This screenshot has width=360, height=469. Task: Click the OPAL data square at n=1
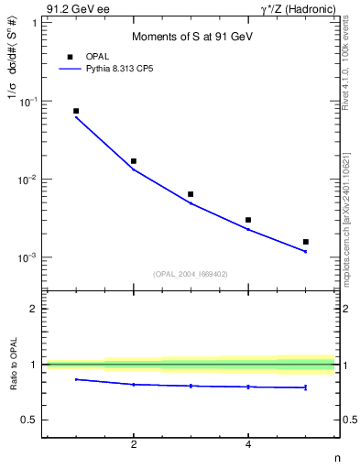point(76,111)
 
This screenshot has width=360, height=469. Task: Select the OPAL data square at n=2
point(134,161)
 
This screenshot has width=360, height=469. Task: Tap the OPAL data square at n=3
point(191,194)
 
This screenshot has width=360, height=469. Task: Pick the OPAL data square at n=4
point(248,220)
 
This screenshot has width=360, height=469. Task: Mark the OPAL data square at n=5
point(305,242)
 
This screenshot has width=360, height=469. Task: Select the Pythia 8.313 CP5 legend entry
point(101,69)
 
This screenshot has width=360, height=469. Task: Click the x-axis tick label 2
point(134,446)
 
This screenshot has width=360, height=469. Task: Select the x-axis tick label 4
point(248,446)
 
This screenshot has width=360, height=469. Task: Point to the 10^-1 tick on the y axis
point(29,101)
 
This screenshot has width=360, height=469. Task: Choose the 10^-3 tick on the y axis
point(29,257)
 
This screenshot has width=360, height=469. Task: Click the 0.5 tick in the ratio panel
point(31,420)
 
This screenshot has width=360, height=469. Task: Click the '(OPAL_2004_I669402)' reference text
point(191,273)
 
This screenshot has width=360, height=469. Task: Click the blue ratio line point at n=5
point(305,387)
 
